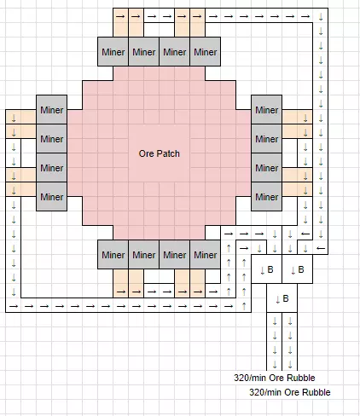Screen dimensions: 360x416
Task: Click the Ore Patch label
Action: [160, 153]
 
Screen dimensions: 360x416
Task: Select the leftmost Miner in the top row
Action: [113, 52]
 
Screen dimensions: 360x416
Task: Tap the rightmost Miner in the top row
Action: [206, 52]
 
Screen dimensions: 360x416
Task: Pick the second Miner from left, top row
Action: [144, 52]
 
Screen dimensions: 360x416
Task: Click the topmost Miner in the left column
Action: [52, 110]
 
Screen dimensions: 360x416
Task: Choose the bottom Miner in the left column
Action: [52, 197]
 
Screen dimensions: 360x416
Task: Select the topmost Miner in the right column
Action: [267, 110]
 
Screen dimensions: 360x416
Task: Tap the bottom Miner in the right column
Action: [267, 197]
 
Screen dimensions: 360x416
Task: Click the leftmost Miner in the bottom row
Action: [113, 255]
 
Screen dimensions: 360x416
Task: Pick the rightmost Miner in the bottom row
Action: [206, 255]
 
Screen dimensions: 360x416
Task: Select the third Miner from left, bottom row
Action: [175, 255]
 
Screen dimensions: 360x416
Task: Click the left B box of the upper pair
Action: [267, 269]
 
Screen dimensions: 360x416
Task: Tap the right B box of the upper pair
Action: [298, 269]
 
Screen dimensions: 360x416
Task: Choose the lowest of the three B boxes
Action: [282, 298]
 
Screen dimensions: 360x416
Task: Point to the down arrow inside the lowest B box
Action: [278, 299]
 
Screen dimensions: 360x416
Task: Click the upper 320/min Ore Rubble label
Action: [275, 378]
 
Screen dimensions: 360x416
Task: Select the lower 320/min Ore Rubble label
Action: [290, 392]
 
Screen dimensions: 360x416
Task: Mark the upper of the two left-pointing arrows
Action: [305, 234]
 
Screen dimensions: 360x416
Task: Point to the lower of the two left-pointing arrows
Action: [321, 248]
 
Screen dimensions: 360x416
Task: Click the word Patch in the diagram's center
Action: [169, 153]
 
